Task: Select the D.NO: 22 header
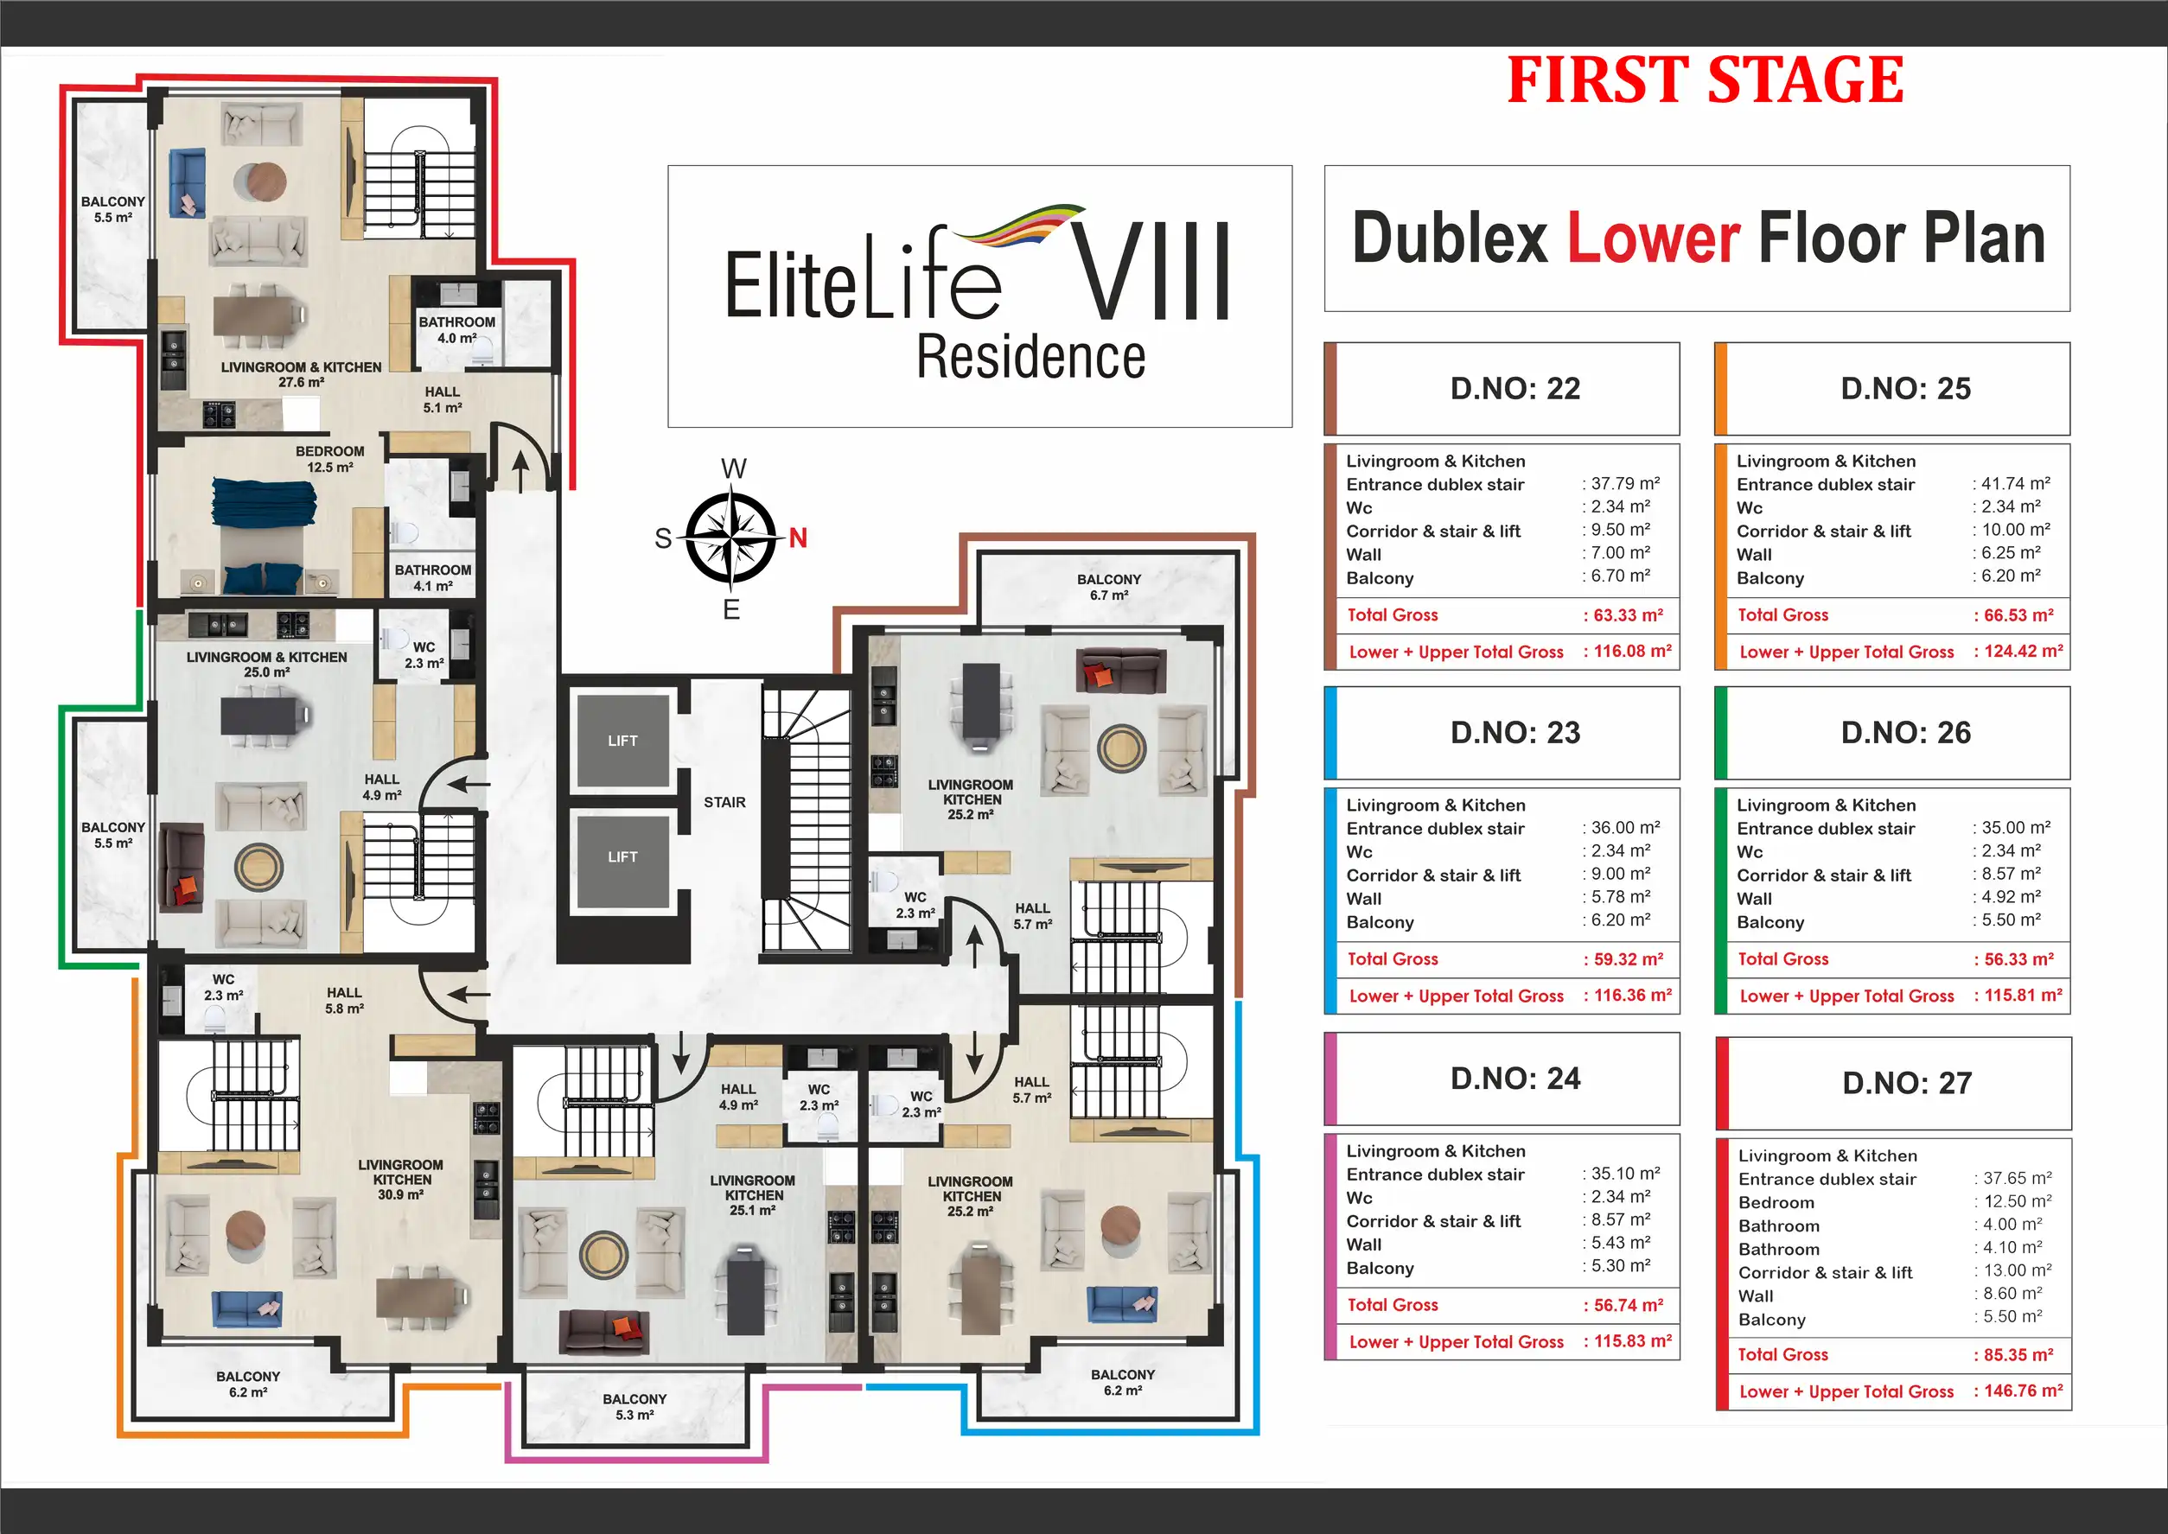(1515, 388)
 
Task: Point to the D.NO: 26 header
(1905, 732)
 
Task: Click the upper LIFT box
(622, 741)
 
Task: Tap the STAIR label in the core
(724, 802)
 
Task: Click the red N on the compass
(798, 538)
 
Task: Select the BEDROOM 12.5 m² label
(329, 459)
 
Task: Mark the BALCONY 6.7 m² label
(1109, 587)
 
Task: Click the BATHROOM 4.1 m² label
(433, 577)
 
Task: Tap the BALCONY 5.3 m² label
(634, 1406)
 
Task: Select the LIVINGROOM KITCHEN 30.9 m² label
(400, 1180)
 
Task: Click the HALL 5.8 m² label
(345, 1000)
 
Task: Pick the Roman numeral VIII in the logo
(1151, 271)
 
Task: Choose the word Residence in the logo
(1030, 357)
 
